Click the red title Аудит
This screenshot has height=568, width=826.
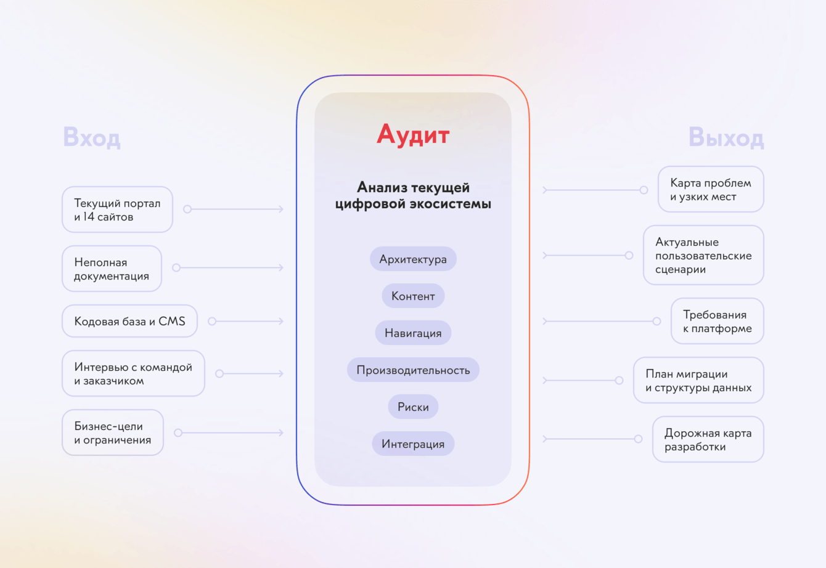click(413, 135)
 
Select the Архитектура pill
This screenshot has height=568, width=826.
click(413, 259)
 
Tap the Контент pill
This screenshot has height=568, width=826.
click(413, 296)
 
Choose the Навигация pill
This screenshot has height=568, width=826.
click(413, 333)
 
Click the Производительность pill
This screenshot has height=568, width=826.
click(413, 370)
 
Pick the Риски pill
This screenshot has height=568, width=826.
click(413, 407)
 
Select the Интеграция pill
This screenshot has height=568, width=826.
click(413, 444)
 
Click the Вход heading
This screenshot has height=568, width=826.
click(92, 137)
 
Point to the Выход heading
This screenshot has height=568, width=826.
click(726, 137)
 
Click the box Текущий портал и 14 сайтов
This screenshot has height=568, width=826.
click(117, 209)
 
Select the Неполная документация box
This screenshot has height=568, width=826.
click(112, 269)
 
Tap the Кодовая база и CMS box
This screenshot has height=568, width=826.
click(129, 321)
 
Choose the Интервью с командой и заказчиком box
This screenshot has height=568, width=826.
click(133, 373)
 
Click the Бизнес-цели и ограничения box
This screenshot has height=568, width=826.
click(112, 432)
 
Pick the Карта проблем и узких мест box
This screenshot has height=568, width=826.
click(711, 189)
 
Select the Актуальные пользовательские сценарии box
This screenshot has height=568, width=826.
click(703, 255)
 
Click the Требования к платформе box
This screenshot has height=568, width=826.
click(718, 321)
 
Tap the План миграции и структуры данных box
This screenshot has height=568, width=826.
click(698, 380)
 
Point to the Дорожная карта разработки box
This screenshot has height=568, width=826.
click(708, 439)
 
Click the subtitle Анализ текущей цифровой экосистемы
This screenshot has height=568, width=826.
click(413, 195)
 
